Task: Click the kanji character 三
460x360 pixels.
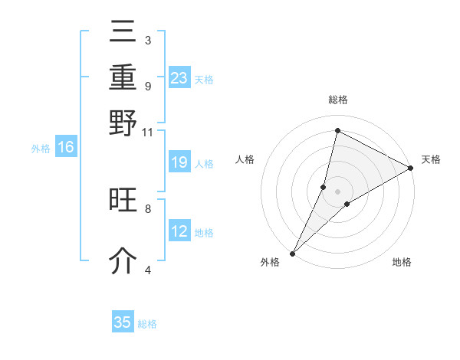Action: (x=123, y=32)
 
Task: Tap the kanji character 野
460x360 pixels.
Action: (x=123, y=122)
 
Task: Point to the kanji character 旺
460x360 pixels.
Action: (x=123, y=200)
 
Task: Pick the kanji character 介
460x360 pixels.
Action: (x=123, y=261)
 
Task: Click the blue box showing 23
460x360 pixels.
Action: (x=179, y=78)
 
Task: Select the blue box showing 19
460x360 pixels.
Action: (x=179, y=162)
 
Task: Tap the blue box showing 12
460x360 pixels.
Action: (x=179, y=231)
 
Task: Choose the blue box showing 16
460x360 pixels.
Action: (x=66, y=148)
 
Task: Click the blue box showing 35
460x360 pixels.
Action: (x=123, y=322)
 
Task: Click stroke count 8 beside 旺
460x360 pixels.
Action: (x=148, y=208)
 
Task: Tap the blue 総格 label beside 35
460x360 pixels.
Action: (x=147, y=324)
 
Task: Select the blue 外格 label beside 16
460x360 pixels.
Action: (x=41, y=149)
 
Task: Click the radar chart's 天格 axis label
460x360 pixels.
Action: (x=431, y=159)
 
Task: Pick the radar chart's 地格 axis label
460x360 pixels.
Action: (x=402, y=262)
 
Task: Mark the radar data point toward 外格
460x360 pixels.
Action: (x=292, y=254)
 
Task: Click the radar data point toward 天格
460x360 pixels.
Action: (x=411, y=169)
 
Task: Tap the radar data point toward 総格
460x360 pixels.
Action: (x=337, y=130)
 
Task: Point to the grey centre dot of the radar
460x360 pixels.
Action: (x=337, y=191)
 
